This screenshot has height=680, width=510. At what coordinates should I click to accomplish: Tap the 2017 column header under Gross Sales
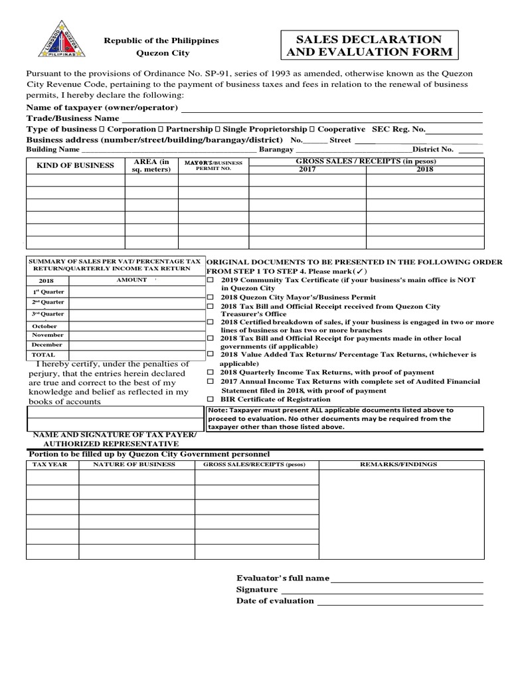point(307,169)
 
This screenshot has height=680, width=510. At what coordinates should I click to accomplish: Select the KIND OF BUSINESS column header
point(75,165)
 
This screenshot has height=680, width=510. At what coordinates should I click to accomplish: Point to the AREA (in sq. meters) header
point(151,165)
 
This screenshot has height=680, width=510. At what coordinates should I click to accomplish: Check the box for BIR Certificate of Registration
point(211,400)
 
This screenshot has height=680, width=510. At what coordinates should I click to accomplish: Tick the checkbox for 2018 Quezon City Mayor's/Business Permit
point(211,297)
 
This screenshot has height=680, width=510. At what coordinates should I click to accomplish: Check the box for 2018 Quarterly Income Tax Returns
point(211,373)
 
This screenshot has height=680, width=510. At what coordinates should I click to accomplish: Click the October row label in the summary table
point(44,326)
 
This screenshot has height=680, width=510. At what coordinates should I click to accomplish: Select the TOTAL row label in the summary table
point(43,355)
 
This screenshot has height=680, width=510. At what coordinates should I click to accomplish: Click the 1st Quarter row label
point(48,292)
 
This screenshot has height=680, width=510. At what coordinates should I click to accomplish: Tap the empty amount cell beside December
point(135,345)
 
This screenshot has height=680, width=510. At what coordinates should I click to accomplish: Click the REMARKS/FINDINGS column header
point(398,464)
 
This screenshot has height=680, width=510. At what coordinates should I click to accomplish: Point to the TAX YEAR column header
point(50,464)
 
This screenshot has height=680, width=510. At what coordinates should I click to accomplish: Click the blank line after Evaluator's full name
point(406,578)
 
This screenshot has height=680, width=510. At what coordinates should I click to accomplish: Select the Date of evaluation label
point(275,600)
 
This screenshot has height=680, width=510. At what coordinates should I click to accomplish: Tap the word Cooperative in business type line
point(341,129)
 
